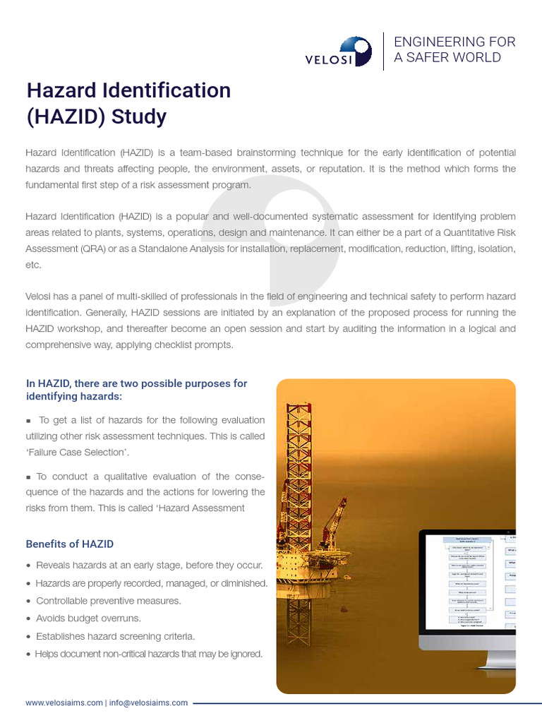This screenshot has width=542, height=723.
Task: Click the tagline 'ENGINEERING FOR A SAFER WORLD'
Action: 454,49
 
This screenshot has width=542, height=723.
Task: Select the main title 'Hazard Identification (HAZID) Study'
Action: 128,103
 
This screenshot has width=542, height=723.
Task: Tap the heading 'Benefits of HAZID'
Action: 69,544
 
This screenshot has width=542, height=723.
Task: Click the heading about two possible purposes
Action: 136,390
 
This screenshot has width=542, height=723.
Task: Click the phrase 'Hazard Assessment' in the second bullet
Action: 205,508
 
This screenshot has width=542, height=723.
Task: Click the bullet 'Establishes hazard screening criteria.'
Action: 115,636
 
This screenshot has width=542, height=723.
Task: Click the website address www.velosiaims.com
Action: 64,703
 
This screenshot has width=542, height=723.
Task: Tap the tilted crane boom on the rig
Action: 334,522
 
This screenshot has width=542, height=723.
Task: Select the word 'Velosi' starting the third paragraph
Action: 40,295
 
